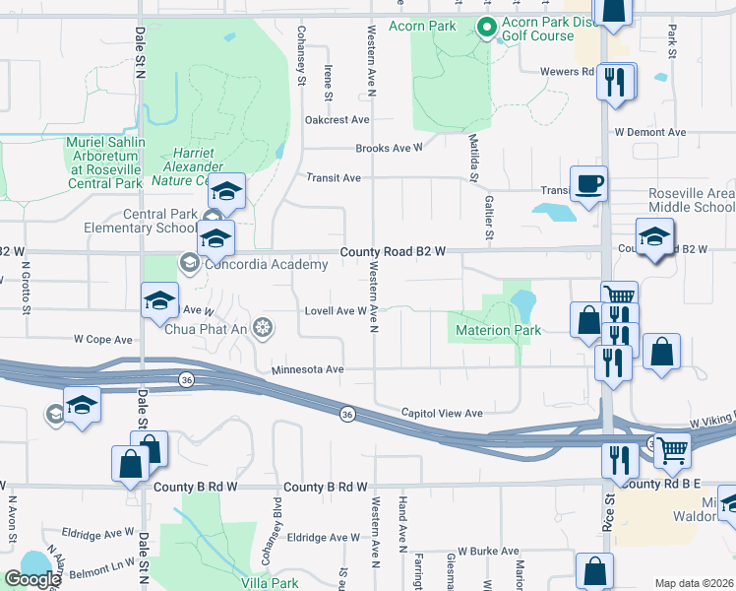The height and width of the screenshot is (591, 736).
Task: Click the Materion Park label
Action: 497,331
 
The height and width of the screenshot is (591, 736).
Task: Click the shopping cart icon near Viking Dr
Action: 672,450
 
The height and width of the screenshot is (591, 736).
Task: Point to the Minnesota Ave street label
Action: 307,369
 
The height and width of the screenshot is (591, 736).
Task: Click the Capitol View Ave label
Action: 442,414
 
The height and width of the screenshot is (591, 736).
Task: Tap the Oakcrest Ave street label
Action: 337,120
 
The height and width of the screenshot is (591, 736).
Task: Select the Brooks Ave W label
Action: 389,149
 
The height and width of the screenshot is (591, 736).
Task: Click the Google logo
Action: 32,579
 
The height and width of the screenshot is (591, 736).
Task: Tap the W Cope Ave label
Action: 103,339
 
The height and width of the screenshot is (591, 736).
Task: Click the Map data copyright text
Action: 693,583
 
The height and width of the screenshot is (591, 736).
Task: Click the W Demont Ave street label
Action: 649,132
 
